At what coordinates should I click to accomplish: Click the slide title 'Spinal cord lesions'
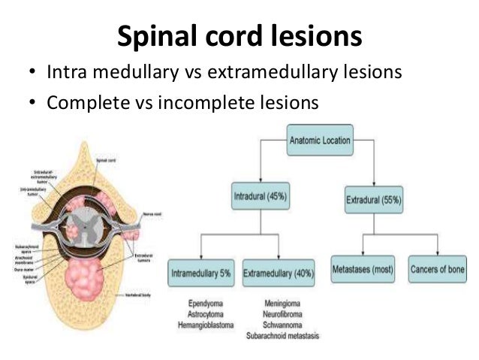[x=239, y=35]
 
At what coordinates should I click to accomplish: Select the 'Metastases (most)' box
[x=365, y=268]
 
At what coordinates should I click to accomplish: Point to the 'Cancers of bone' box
[x=438, y=268]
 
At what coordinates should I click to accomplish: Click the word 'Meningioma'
[x=278, y=304]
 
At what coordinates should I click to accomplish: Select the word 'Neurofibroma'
[x=278, y=314]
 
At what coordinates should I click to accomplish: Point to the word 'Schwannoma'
[x=278, y=325]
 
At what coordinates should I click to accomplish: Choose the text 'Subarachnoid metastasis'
[x=279, y=337]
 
